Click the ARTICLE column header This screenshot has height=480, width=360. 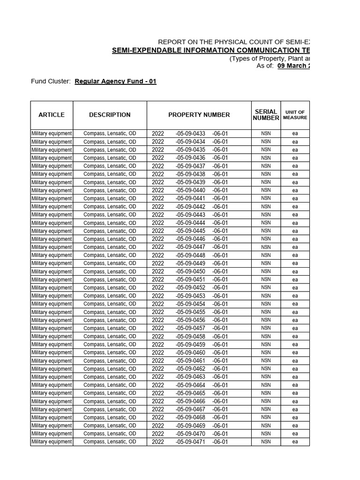click(52, 115)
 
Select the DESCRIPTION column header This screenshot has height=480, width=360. click(110, 115)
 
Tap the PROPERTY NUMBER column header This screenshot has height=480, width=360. click(199, 115)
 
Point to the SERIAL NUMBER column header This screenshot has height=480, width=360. click(266, 115)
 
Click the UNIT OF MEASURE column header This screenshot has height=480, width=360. click(295, 115)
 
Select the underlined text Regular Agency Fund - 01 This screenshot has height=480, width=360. click(115, 82)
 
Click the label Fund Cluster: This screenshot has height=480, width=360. click(51, 82)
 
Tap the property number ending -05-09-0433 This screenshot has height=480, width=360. click(190, 134)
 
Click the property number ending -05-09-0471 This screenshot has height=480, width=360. click(190, 442)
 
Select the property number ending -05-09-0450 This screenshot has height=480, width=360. click(190, 272)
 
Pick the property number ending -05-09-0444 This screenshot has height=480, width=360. click(190, 223)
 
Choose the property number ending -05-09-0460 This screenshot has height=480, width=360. click(190, 352)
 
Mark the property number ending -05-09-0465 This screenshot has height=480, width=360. click(190, 393)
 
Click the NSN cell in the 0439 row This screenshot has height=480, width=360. click(266, 182)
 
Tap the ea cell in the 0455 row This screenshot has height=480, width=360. click(295, 312)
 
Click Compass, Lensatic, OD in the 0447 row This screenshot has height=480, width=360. click(110, 247)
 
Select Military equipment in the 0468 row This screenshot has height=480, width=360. click(52, 418)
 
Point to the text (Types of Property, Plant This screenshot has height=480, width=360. click(269, 59)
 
